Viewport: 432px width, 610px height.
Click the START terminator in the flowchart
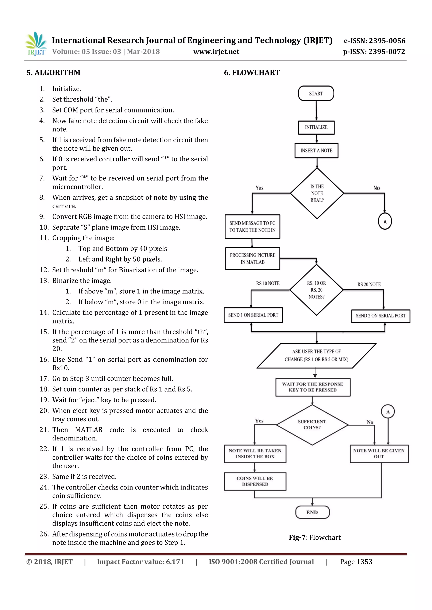click(316, 94)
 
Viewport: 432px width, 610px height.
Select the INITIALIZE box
click(316, 127)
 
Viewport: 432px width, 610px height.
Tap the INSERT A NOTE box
click(316, 151)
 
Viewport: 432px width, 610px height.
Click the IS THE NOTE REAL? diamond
click(317, 193)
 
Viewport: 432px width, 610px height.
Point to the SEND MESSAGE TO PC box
click(252, 227)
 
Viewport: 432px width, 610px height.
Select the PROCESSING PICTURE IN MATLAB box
click(252, 258)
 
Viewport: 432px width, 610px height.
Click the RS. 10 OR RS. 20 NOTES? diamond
click(316, 290)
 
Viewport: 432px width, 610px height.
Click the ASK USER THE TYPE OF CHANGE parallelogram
click(316, 356)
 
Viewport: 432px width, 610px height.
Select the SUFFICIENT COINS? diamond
click(312, 425)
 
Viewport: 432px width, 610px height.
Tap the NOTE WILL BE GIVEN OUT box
click(379, 453)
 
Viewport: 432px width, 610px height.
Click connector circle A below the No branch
click(385, 221)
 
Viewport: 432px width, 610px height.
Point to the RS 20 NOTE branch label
click(369, 284)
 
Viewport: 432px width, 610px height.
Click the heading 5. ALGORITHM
click(53, 72)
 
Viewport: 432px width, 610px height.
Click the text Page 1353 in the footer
click(356, 562)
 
